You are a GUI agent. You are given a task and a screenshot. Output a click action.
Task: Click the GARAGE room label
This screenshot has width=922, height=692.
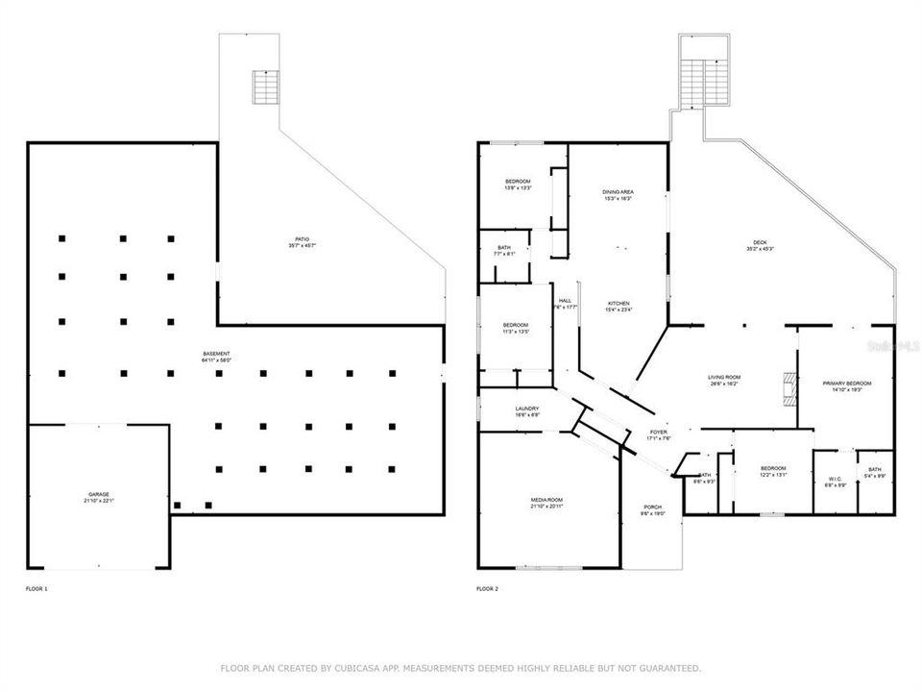(99, 496)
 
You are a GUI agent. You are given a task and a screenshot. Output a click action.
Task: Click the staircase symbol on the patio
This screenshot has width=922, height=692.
(264, 87)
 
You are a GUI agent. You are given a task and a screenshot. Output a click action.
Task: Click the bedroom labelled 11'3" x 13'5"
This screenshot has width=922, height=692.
(516, 328)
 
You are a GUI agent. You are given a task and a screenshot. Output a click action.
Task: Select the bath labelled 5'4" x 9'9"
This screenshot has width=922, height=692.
(874, 472)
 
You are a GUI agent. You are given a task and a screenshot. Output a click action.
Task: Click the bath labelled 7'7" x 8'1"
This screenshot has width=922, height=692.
(503, 251)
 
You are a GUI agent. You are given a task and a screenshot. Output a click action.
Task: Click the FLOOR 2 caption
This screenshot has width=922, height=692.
(489, 588)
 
